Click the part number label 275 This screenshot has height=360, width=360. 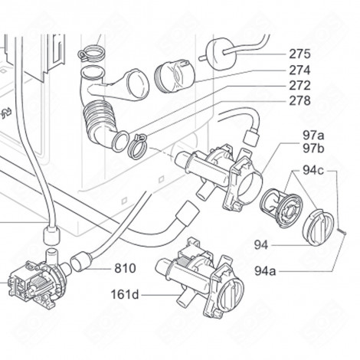299,54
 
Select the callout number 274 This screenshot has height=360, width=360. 299,70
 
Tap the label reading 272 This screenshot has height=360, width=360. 299,86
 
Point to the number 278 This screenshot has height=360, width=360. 299,101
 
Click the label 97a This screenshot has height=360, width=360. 313,136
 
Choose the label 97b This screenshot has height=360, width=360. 313,149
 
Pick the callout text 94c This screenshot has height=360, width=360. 313,170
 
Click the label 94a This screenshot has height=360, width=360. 265,271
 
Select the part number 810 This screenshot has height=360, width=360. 125,268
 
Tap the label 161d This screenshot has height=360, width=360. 125,295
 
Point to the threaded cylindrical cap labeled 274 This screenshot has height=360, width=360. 175,76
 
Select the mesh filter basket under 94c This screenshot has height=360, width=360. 281,208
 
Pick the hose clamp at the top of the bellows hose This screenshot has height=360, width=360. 92,53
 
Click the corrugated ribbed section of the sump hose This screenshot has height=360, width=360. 98,116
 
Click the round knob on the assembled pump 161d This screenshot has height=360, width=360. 231,293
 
